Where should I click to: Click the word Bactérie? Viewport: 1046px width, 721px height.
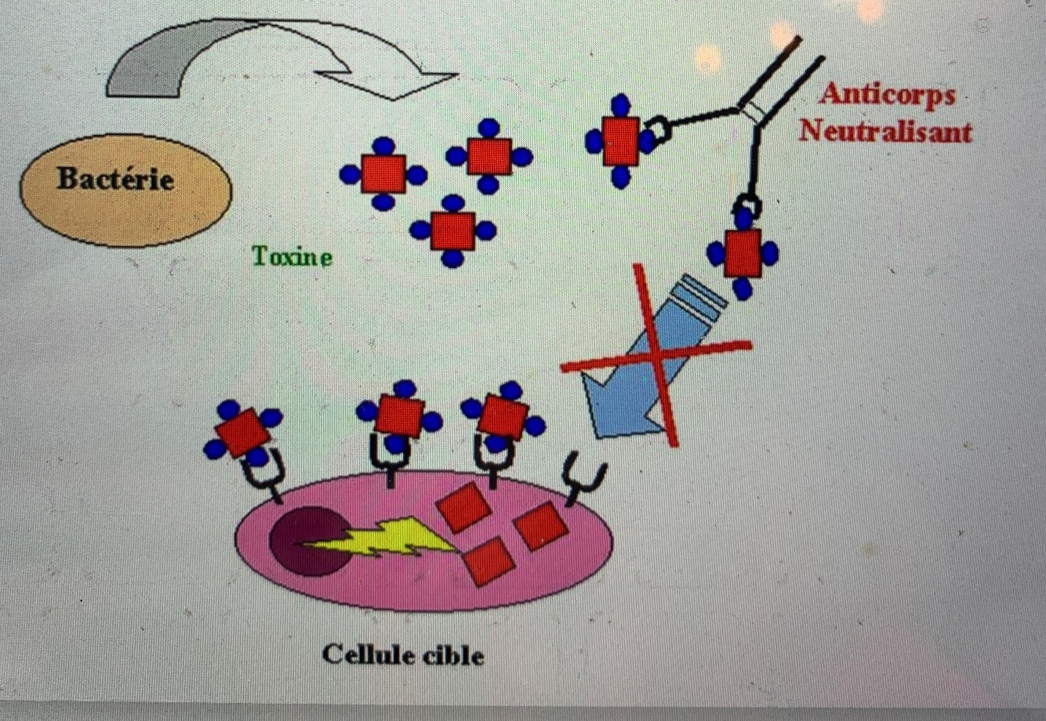coord(115,179)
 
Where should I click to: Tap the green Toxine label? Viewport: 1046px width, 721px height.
coord(292,256)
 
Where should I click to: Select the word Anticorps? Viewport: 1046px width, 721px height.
coord(888,95)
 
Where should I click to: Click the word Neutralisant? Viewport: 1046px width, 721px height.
coord(885,131)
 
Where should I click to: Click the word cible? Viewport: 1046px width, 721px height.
coord(454,655)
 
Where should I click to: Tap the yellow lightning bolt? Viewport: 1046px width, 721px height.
coord(384,538)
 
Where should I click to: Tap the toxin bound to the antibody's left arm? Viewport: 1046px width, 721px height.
coord(620,141)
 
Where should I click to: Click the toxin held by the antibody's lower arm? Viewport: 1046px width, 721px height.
coord(743,253)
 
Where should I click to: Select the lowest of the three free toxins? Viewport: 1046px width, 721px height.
coord(452,230)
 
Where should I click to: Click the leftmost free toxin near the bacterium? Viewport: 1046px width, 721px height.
coord(383,174)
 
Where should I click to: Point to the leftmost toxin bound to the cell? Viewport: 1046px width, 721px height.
coord(242,431)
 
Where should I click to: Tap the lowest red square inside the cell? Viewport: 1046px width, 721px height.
coord(488,560)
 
